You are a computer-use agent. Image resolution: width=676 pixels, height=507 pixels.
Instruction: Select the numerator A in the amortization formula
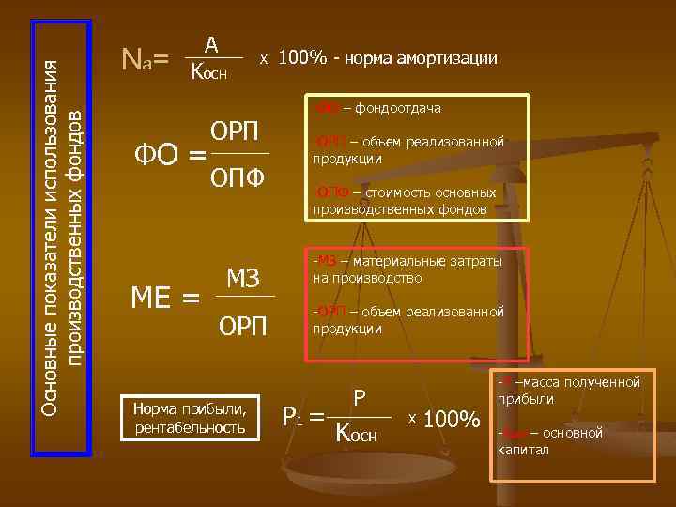[x=212, y=44]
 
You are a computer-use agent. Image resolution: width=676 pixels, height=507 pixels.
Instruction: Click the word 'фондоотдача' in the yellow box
[x=398, y=109]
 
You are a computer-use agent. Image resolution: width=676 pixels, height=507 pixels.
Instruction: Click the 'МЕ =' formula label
[x=164, y=300]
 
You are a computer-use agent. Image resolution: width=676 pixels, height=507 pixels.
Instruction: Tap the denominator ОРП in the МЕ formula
[x=243, y=326]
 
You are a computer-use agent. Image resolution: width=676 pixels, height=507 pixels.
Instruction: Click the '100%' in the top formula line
[x=302, y=58]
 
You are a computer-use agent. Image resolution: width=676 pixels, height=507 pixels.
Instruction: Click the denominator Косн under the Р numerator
[x=357, y=433]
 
